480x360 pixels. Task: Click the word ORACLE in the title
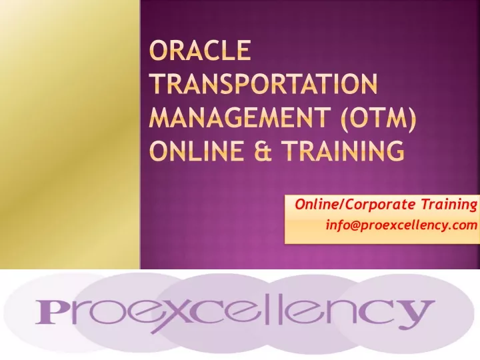pyautogui.click(x=200, y=50)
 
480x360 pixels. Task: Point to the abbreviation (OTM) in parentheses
pyautogui.click(x=379, y=117)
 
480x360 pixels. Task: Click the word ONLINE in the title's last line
pyautogui.click(x=197, y=151)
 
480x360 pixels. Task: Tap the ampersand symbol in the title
pyautogui.click(x=263, y=151)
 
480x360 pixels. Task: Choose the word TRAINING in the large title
pyautogui.click(x=343, y=151)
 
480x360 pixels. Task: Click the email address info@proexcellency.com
pyautogui.click(x=401, y=225)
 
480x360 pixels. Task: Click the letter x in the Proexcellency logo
pyautogui.click(x=171, y=314)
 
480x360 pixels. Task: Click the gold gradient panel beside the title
pyautogui.click(x=70, y=135)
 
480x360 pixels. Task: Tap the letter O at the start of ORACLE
pyautogui.click(x=157, y=50)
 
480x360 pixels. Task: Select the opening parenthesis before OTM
pyautogui.click(x=344, y=117)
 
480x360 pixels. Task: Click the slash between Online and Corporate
pyautogui.click(x=343, y=205)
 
